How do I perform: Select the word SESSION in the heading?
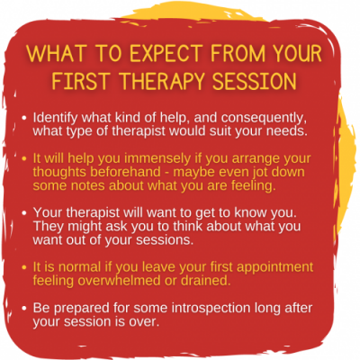point(255,81)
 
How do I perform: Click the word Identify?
point(56,118)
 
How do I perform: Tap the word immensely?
point(157,158)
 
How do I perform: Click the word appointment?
point(267,267)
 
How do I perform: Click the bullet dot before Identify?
point(24,118)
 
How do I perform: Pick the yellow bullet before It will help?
point(24,159)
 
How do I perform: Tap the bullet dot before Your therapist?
point(24,213)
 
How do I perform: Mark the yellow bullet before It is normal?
point(24,267)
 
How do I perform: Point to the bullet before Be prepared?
point(24,309)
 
